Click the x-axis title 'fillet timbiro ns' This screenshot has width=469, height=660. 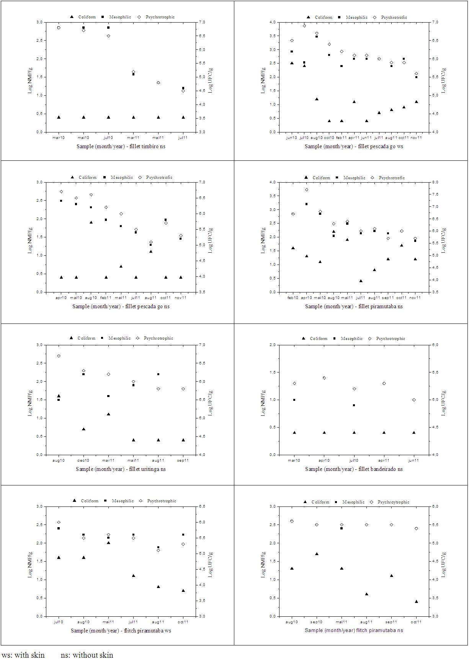(x=121, y=146)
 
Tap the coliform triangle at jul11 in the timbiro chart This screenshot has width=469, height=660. (x=183, y=117)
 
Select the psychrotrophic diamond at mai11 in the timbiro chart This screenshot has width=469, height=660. (x=158, y=83)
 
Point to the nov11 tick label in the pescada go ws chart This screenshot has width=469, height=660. (x=416, y=137)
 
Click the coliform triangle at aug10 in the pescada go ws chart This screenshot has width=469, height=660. (x=317, y=99)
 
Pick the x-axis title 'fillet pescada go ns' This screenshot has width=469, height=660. (x=121, y=306)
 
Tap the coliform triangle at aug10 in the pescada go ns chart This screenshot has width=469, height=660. (x=91, y=222)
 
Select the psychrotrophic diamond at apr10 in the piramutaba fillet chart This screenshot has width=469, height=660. (x=307, y=190)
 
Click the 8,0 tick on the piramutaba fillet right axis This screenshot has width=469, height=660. (x=435, y=182)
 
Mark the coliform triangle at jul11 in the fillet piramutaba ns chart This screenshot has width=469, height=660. (x=361, y=281)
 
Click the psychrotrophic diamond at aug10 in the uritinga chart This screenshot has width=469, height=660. (x=59, y=356)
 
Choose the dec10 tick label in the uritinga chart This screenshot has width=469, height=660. (x=83, y=461)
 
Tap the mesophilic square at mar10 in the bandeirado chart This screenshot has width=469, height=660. (x=294, y=400)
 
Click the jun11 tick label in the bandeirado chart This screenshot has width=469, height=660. (x=413, y=461)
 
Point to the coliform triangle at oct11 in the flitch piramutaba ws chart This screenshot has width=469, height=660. (x=183, y=590)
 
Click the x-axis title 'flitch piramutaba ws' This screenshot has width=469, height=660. (x=121, y=631)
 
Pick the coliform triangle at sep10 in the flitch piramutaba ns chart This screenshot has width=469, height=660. (x=317, y=554)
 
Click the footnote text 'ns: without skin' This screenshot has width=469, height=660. (x=87, y=655)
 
